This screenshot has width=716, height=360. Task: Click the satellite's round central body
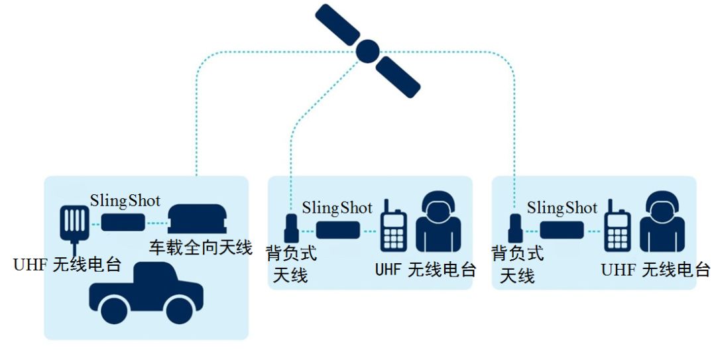(x=367, y=50)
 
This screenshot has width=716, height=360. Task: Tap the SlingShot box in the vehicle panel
(x=123, y=222)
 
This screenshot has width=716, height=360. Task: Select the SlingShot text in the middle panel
(x=337, y=208)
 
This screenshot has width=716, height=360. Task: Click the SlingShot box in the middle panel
(x=338, y=230)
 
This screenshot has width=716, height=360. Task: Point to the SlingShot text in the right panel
(x=562, y=208)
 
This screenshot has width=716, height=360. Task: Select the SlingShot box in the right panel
(x=562, y=230)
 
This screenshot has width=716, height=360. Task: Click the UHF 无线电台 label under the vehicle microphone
(x=67, y=265)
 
